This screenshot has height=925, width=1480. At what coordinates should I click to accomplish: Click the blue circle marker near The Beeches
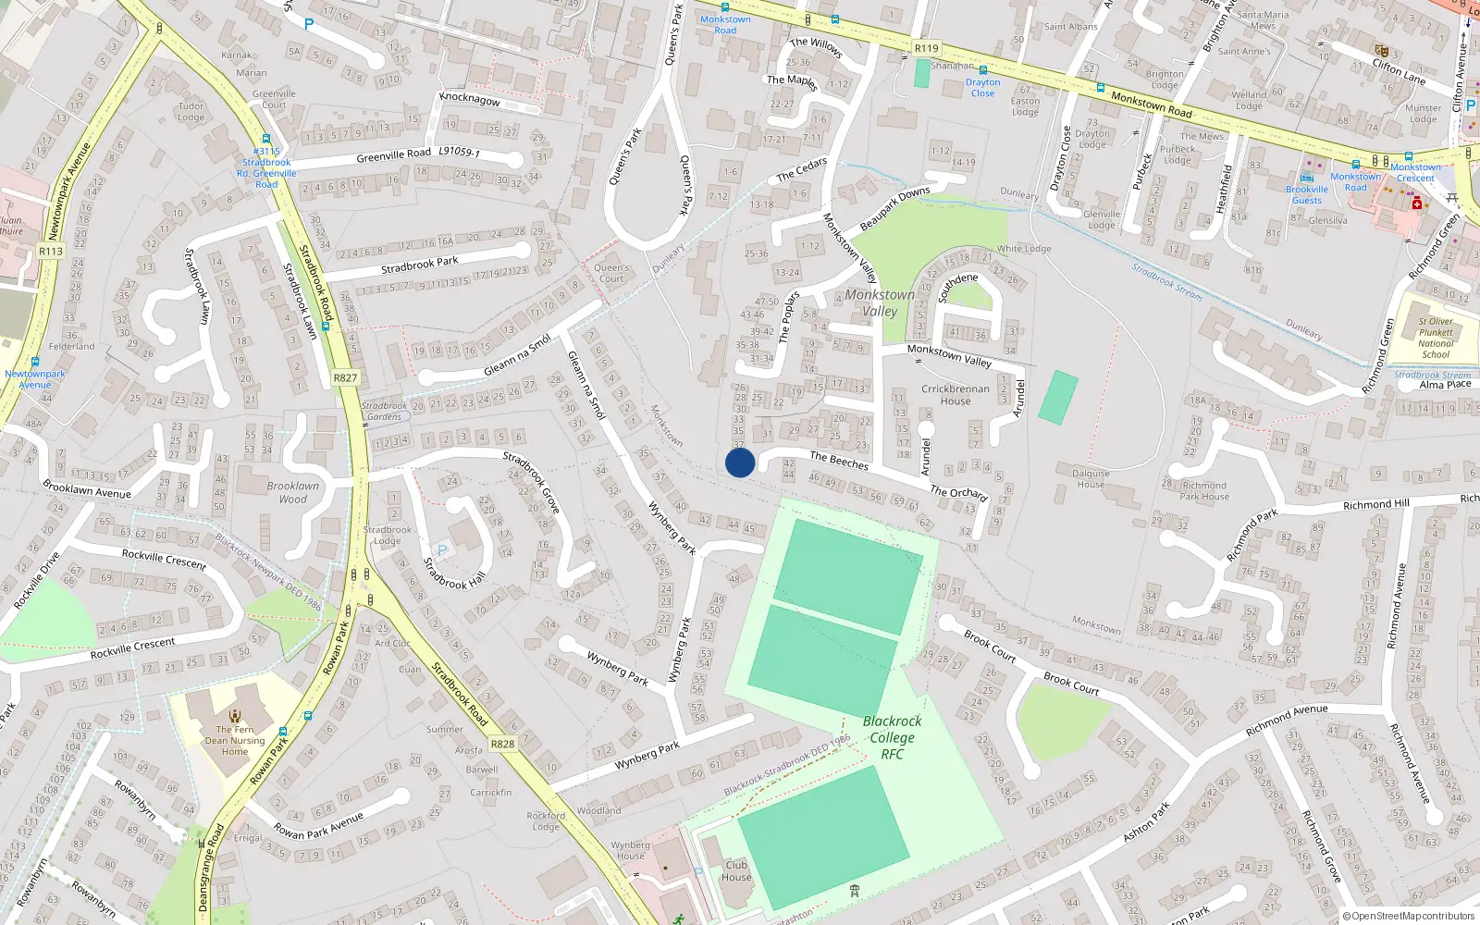tap(740, 462)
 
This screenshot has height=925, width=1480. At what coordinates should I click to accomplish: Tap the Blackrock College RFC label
tap(892, 737)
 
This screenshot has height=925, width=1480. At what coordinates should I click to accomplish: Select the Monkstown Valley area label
tap(880, 302)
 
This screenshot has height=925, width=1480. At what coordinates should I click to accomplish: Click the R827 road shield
tap(345, 377)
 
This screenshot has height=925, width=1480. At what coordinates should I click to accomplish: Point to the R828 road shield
tap(502, 744)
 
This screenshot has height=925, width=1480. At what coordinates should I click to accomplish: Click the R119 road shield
tap(926, 48)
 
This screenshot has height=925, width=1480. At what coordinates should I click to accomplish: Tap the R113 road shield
tap(51, 251)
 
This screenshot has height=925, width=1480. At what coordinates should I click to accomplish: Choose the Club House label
tap(736, 871)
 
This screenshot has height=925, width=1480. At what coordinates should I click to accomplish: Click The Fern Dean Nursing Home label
tap(235, 740)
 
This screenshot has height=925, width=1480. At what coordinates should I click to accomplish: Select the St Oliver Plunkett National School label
tap(1436, 338)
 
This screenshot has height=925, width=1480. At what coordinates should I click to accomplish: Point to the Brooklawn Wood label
tap(292, 492)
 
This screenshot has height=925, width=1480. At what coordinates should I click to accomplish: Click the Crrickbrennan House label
tap(956, 395)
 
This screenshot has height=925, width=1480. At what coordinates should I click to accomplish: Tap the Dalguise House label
tap(1091, 478)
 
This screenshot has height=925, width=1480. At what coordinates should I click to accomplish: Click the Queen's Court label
tap(611, 273)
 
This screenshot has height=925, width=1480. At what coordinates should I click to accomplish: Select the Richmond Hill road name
tap(1375, 504)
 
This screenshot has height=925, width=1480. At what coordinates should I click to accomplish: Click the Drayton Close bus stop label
tap(982, 88)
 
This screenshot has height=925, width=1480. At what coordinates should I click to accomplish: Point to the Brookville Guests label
tap(1306, 194)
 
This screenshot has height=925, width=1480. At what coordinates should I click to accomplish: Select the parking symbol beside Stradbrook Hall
tap(441, 551)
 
